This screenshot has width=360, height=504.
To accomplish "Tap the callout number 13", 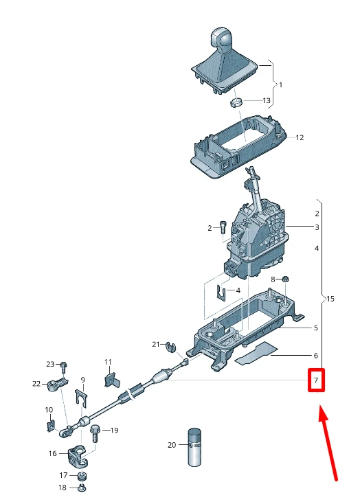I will tap(266, 101).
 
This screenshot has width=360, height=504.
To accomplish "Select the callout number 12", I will tap(300, 137).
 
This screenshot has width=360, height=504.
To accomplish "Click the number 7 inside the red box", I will tap(315, 380).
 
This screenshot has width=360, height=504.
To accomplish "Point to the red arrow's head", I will tap(321, 413).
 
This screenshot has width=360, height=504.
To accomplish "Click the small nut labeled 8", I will tap(286, 279).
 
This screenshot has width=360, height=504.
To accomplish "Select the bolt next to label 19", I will tap(95, 433).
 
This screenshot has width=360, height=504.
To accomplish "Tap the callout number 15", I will tap(330, 299).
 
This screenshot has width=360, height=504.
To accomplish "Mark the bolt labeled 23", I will tap(63, 366).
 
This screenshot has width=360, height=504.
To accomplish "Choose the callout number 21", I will tap(156, 344).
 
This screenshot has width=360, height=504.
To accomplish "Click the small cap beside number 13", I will tap(236, 103).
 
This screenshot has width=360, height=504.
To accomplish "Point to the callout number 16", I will tap(53, 454).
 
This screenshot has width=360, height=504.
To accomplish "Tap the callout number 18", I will tap(63, 488).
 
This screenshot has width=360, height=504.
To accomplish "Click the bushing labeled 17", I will tap(82, 476).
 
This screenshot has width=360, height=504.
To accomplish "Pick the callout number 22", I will tap(36, 384).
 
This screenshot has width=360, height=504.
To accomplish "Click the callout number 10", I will tap(49, 410).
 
